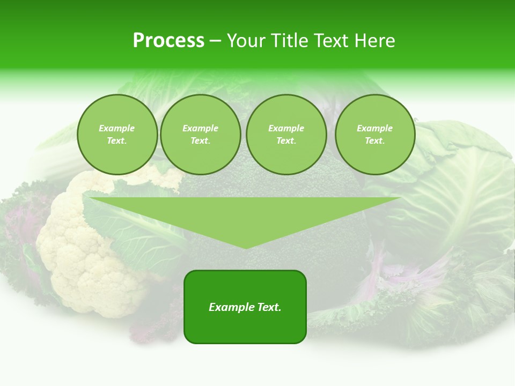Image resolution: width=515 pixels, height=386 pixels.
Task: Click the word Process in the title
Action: [x=168, y=41]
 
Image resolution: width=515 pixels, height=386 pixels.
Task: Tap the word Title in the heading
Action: [x=288, y=41]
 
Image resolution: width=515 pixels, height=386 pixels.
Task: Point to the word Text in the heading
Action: [x=331, y=41]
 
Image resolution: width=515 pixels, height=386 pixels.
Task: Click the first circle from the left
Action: [x=117, y=135]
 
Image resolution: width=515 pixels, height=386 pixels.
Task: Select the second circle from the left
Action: [x=201, y=135]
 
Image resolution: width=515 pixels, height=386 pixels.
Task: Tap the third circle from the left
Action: [x=286, y=135]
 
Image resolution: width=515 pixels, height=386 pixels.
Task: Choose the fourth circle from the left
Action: [x=375, y=135]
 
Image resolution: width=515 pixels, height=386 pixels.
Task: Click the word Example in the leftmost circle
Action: [x=117, y=128]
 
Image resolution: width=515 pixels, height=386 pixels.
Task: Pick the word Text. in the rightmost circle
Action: [x=375, y=141]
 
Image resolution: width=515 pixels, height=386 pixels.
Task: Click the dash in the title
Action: [x=215, y=41]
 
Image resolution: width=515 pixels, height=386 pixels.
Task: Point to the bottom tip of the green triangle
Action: [x=245, y=248]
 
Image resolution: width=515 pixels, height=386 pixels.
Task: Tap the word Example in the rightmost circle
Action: [x=375, y=128]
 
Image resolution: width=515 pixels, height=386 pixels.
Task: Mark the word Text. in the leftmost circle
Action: [x=117, y=141]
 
